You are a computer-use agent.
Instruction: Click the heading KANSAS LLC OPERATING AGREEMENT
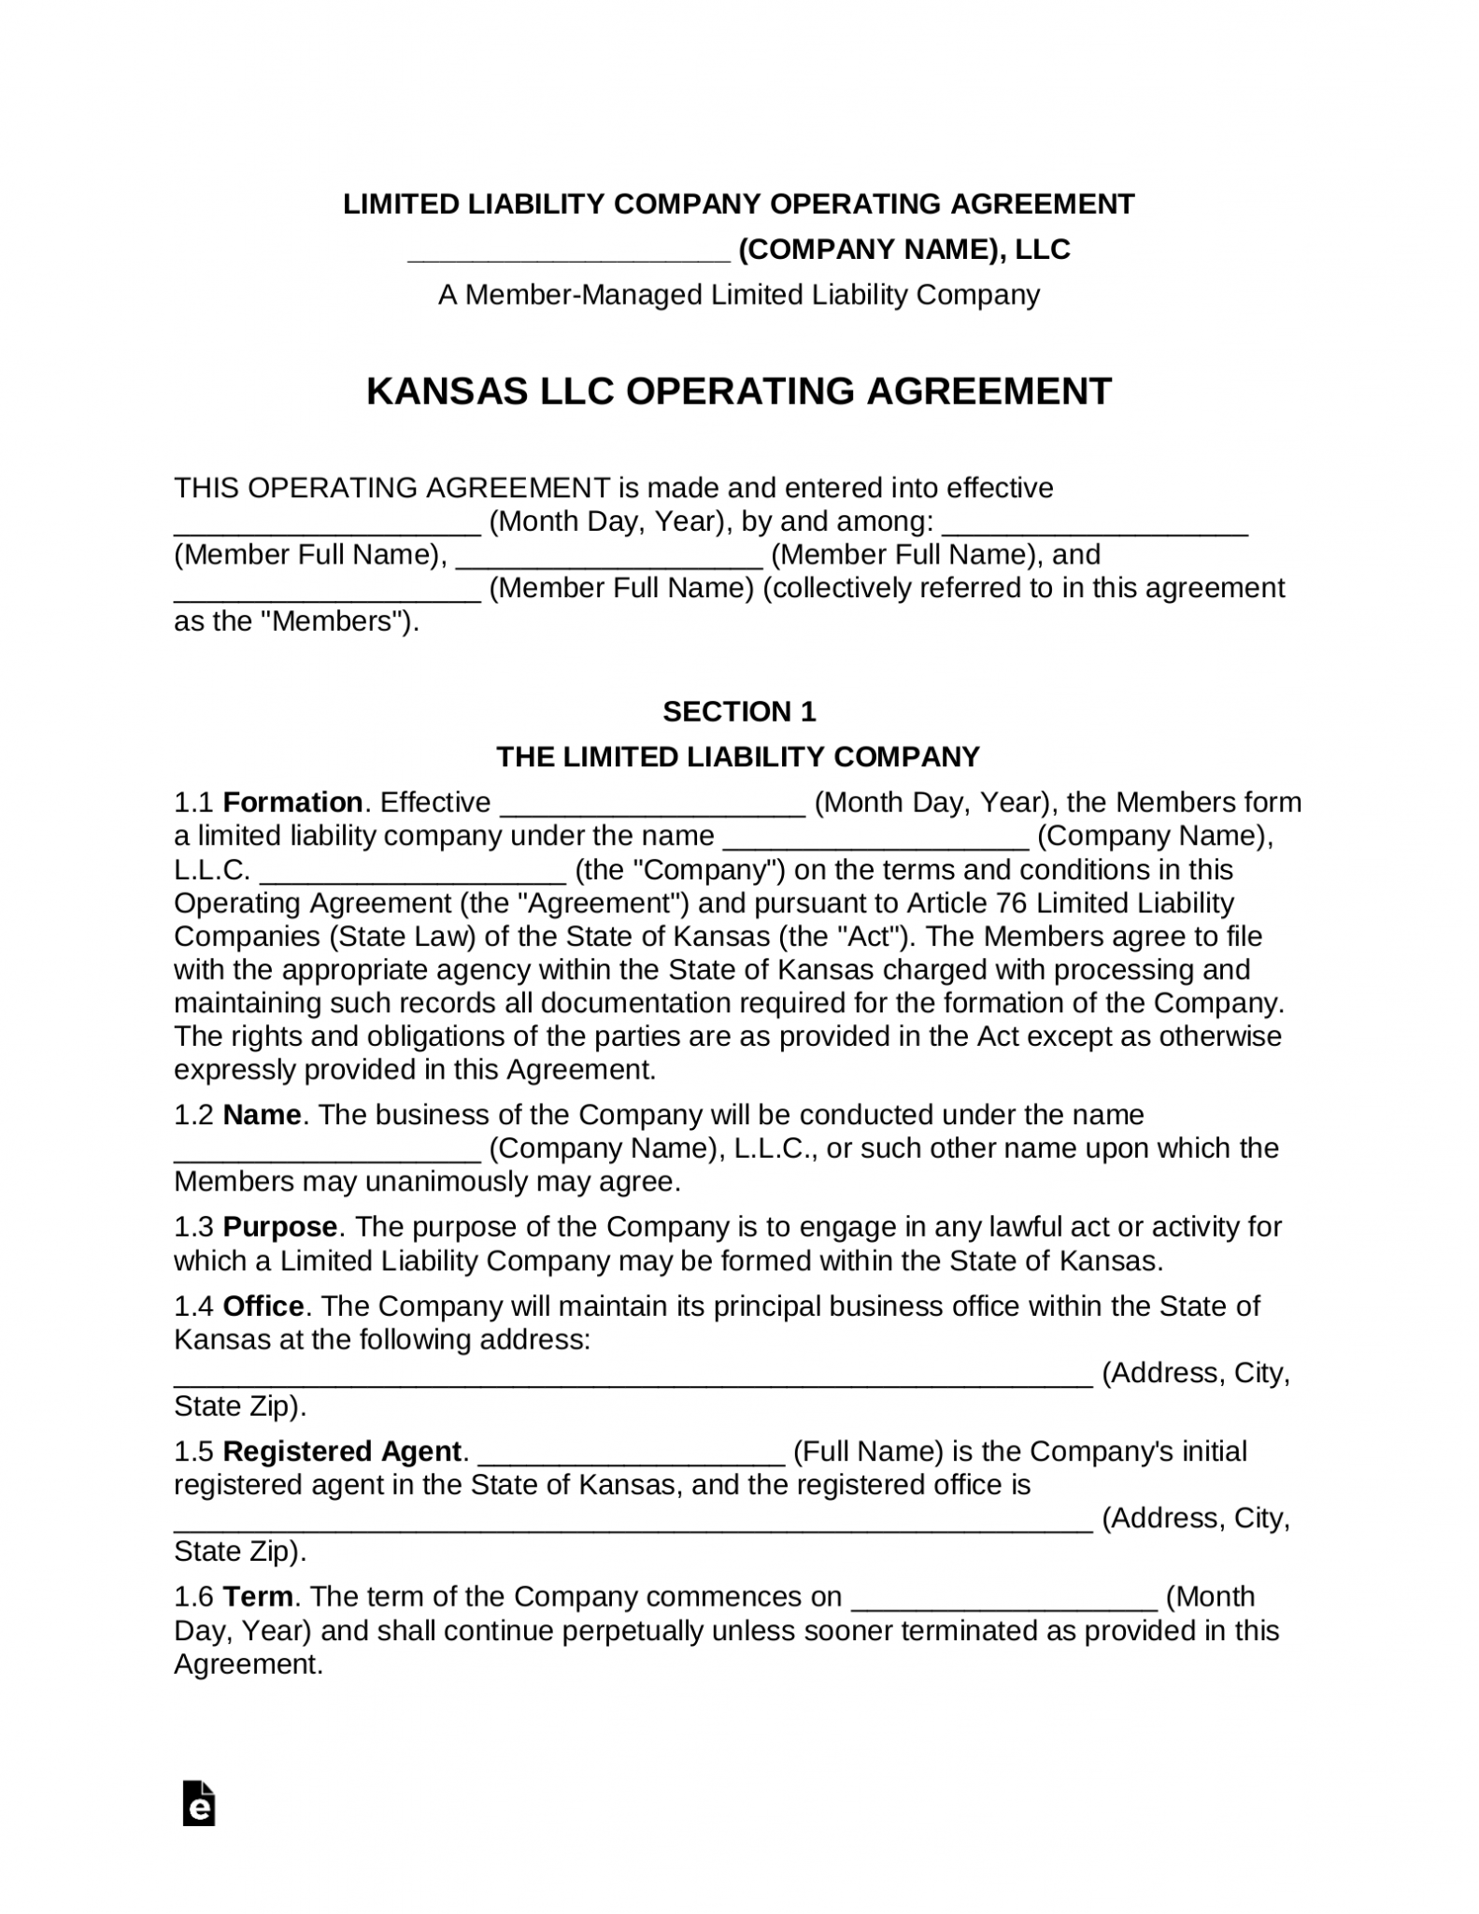coord(738,391)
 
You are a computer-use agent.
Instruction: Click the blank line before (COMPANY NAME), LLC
coord(569,251)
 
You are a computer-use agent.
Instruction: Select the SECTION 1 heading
coord(738,711)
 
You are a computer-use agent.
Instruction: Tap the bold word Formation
coord(292,802)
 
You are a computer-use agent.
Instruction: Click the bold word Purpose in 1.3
coord(280,1226)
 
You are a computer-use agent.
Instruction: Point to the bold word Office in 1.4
coord(263,1306)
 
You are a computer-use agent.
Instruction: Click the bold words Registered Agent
coord(342,1451)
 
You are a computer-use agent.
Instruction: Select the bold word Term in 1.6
coord(259,1596)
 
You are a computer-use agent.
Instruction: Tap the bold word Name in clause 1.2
coord(262,1114)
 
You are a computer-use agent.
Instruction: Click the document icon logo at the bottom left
coord(199,1804)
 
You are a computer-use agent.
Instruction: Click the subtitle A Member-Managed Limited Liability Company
coord(738,295)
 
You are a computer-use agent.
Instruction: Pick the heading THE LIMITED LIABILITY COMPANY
coord(738,756)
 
